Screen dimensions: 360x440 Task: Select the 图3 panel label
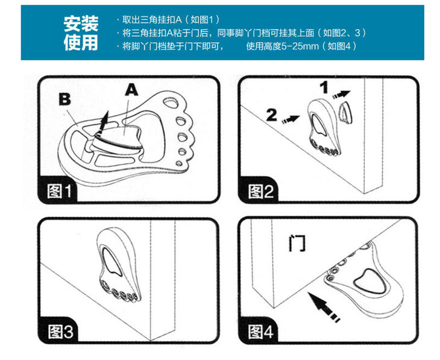click(61, 331)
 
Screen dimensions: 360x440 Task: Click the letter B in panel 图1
click(63, 99)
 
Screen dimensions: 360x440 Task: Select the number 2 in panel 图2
click(272, 115)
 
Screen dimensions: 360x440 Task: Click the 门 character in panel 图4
click(297, 243)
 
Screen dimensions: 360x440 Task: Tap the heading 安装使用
click(81, 33)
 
